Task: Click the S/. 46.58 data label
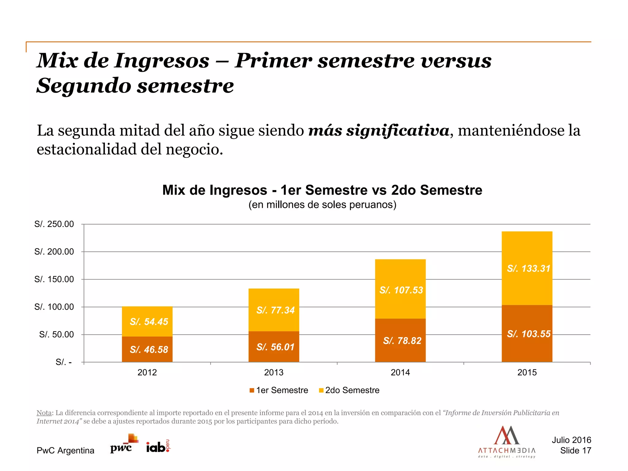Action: (149, 350)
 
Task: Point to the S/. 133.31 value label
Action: (528, 269)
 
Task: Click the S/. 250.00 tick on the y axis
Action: (54, 224)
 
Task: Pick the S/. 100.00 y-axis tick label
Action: (54, 307)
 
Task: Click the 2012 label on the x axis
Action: (147, 372)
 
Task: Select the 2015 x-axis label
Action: (527, 372)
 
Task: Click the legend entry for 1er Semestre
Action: (279, 390)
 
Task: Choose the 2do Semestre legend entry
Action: (349, 390)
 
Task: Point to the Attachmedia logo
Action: (507, 442)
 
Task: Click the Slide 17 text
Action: (575, 450)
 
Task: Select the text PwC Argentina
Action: (65, 450)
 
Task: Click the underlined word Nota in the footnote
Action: (44, 413)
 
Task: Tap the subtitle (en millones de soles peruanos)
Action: (322, 205)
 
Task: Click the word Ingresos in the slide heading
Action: (162, 60)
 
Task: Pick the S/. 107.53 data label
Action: (401, 290)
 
